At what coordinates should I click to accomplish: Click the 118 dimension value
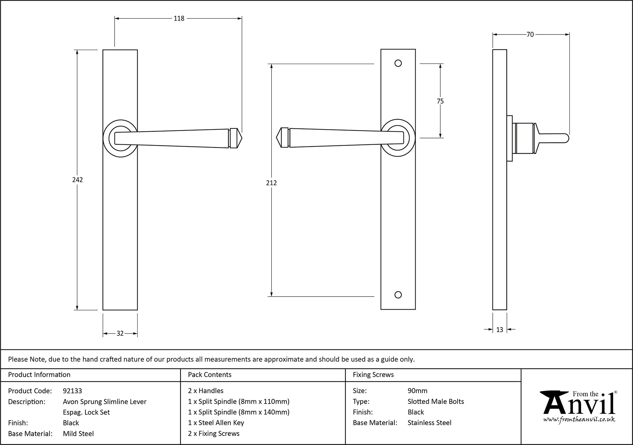[x=179, y=19]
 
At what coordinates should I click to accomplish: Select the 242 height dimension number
[x=78, y=180]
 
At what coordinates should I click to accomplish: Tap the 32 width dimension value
[x=120, y=333]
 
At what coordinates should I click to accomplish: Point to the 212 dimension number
[x=271, y=183]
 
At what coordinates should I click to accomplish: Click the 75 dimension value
[x=440, y=101]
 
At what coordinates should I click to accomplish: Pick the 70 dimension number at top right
[x=530, y=34]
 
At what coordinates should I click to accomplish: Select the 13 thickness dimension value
[x=499, y=330]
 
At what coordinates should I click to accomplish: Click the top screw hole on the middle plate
[x=398, y=63]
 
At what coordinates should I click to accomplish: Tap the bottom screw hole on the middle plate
[x=398, y=295]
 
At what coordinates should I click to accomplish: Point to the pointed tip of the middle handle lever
[x=277, y=138]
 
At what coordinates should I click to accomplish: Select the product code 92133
[x=72, y=391]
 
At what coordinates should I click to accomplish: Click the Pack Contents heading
[x=210, y=375]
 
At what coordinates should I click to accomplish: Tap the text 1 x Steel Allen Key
[x=216, y=423]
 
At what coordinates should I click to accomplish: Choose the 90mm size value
[x=417, y=391]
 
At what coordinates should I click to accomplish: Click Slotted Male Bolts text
[x=436, y=402]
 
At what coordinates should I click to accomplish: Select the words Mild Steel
[x=78, y=434]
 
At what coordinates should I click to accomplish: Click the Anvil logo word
[x=579, y=405]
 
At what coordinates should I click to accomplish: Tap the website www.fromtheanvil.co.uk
[x=579, y=420]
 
